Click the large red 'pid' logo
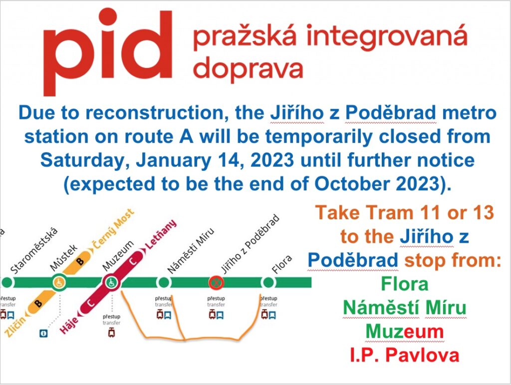(x=108, y=51)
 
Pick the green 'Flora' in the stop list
(x=404, y=284)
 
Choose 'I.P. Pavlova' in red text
(x=404, y=355)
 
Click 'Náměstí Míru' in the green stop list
(x=404, y=308)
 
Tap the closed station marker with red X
(x=216, y=282)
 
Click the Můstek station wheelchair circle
(x=59, y=282)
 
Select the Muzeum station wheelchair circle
(x=112, y=282)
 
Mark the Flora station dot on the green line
(x=268, y=282)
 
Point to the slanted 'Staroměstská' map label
(x=34, y=250)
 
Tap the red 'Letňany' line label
(x=161, y=234)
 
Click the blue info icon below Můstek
(x=43, y=333)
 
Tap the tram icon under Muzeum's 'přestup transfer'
(x=111, y=333)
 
